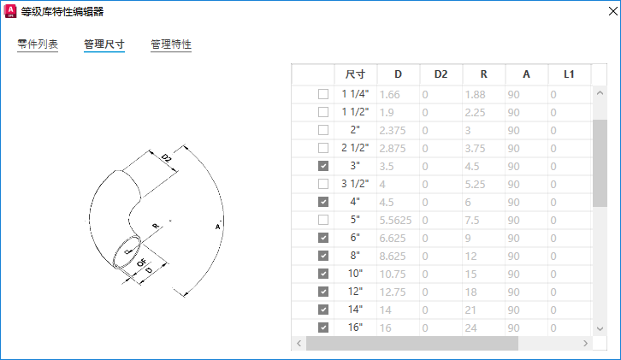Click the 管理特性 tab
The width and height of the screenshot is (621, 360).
pyautogui.click(x=171, y=44)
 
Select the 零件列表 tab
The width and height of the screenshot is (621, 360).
pyautogui.click(x=38, y=44)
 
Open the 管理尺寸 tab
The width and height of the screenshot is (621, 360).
pyautogui.click(x=104, y=44)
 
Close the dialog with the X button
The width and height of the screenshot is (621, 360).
pyautogui.click(x=612, y=11)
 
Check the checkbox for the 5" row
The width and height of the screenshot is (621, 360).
pyautogui.click(x=323, y=220)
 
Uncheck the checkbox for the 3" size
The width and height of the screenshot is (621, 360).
pyautogui.click(x=323, y=166)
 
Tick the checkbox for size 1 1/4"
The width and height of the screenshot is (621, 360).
pyautogui.click(x=323, y=94)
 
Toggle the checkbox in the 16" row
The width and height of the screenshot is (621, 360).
pyautogui.click(x=323, y=328)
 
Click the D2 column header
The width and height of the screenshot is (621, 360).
pyautogui.click(x=441, y=74)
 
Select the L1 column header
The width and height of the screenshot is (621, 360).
pyautogui.click(x=569, y=74)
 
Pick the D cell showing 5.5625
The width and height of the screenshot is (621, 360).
pyautogui.click(x=395, y=221)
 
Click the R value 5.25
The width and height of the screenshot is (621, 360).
pyautogui.click(x=475, y=185)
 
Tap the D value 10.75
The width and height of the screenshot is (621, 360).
pyautogui.click(x=392, y=274)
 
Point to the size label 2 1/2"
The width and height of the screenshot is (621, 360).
pyautogui.click(x=355, y=148)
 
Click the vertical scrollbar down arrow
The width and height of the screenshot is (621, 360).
pyautogui.click(x=600, y=328)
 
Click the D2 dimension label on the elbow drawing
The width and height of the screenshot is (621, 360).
pyautogui.click(x=167, y=158)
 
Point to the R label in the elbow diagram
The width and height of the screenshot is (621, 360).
pyautogui.click(x=156, y=226)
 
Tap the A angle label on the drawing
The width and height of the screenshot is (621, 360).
pyautogui.click(x=217, y=227)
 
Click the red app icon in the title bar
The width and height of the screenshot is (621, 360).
pyautogui.click(x=11, y=11)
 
